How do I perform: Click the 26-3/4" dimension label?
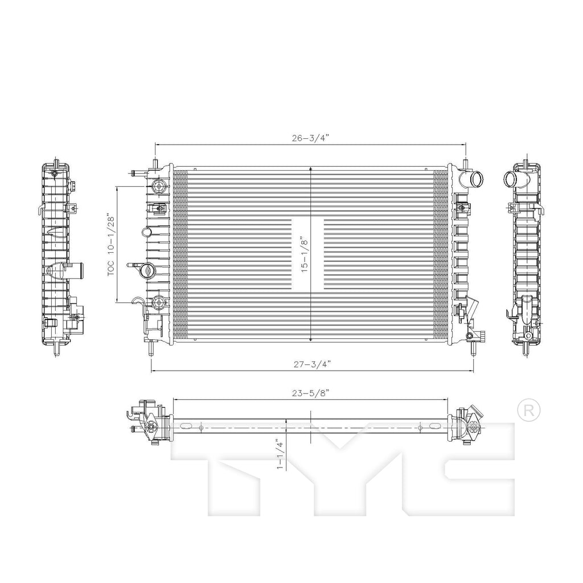click(311, 138)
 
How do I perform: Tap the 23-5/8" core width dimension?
click(311, 393)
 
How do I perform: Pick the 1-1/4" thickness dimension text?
click(280, 453)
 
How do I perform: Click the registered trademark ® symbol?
click(528, 410)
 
